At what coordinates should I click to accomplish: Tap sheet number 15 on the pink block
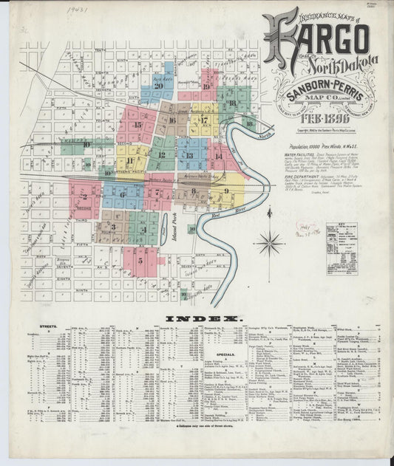point(137,126)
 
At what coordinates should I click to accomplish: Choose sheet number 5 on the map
point(138,260)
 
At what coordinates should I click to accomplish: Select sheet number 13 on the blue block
point(190,155)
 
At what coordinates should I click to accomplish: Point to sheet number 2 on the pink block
point(85,196)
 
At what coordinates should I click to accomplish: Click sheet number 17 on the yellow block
point(203,120)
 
